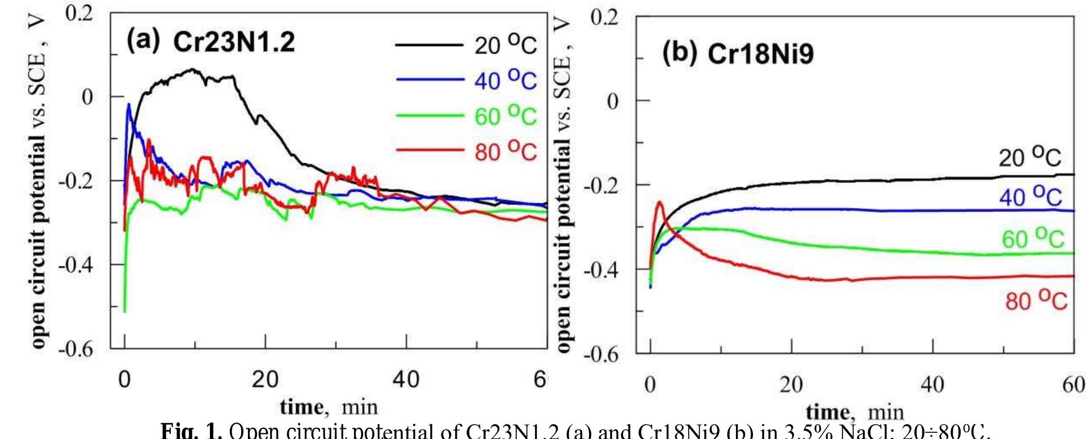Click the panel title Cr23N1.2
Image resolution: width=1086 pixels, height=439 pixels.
click(x=234, y=42)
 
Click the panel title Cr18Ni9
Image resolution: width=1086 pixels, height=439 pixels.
click(x=760, y=54)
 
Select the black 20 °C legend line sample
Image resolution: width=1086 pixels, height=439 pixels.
click(x=429, y=45)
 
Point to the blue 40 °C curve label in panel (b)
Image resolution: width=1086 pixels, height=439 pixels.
click(x=1030, y=196)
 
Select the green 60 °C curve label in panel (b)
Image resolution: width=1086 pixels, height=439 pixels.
click(x=1033, y=238)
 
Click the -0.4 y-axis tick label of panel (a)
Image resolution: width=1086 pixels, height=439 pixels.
click(x=75, y=264)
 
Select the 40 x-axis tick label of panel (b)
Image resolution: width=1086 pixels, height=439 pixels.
click(x=932, y=385)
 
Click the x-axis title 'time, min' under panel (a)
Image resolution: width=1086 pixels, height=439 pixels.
click(x=329, y=407)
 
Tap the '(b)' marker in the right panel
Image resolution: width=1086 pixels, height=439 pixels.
click(x=680, y=53)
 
